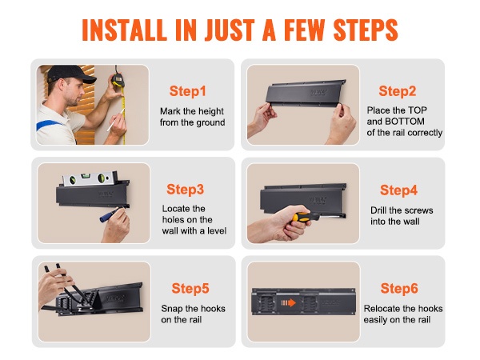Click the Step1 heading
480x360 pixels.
(x=187, y=91)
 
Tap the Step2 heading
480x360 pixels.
(x=398, y=91)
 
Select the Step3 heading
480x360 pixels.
(x=186, y=190)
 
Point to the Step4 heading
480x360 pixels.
(x=398, y=190)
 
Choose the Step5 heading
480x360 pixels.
(x=190, y=288)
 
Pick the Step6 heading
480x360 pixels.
(x=399, y=288)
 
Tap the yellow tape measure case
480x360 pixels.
(x=118, y=80)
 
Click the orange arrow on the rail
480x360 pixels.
(x=288, y=302)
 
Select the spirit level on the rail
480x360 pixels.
(x=90, y=178)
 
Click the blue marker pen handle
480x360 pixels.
(x=108, y=214)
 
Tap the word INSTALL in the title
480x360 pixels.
(x=124, y=30)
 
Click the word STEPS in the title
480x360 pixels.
(x=366, y=30)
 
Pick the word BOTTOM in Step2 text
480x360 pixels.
(x=405, y=122)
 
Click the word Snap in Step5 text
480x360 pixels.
(x=171, y=309)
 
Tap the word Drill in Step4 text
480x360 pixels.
(x=378, y=210)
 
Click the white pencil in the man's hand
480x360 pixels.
(x=116, y=120)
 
